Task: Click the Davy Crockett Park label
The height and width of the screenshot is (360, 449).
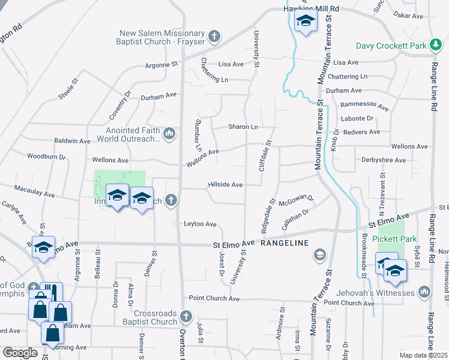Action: [390, 46]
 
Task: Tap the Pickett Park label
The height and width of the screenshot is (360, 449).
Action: [394, 239]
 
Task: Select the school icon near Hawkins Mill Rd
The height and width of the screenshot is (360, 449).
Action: [306, 22]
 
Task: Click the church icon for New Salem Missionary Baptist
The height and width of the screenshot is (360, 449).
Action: [212, 37]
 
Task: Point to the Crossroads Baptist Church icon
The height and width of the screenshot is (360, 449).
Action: [186, 316]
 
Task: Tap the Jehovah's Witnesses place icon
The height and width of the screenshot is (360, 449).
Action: [424, 292]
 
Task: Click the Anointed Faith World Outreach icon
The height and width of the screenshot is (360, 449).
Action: [169, 133]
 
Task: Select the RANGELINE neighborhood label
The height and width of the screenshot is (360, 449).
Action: [285, 243]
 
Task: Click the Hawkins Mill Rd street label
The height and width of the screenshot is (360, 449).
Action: [312, 10]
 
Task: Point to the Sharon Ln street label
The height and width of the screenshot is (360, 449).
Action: [243, 127]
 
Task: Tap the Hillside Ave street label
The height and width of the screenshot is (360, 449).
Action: [225, 185]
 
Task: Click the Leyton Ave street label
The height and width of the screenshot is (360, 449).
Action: [199, 224]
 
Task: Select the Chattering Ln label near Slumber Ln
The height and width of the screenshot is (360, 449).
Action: [215, 71]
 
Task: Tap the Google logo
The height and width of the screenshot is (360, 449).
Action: [20, 353]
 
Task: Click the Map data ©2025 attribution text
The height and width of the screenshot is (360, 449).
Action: [423, 355]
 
